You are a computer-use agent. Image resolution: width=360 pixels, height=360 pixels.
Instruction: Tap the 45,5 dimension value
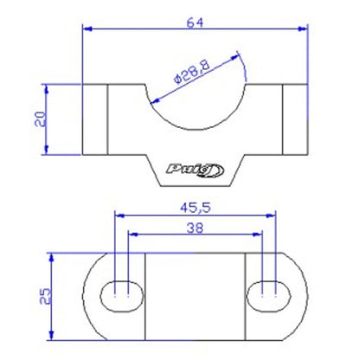[x=195, y=208]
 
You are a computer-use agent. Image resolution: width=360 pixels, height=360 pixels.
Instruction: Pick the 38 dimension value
[x=195, y=228]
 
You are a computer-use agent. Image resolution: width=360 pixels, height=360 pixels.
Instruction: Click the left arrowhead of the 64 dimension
[x=87, y=29]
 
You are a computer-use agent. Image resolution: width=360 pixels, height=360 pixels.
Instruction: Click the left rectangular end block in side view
[x=94, y=119]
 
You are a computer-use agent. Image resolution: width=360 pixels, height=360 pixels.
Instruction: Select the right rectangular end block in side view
[x=296, y=119]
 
